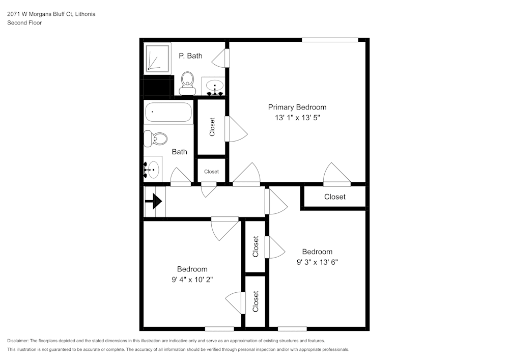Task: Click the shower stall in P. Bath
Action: [158, 58]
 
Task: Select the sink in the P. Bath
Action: [215, 87]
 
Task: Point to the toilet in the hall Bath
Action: [156, 139]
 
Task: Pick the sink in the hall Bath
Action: [152, 169]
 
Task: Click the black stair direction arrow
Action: [154, 202]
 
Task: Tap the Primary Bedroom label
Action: [297, 107]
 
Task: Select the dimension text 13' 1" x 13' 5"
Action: [297, 117]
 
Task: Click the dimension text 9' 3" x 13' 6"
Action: [317, 262]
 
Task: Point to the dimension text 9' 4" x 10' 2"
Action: [192, 279]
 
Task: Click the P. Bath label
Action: [190, 56]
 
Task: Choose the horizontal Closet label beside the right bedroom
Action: [334, 197]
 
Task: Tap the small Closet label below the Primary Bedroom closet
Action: [211, 172]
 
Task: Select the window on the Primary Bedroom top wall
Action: [329, 40]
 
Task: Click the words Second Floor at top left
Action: [24, 23]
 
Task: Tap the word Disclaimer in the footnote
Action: [18, 341]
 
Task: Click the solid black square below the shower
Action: [156, 87]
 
